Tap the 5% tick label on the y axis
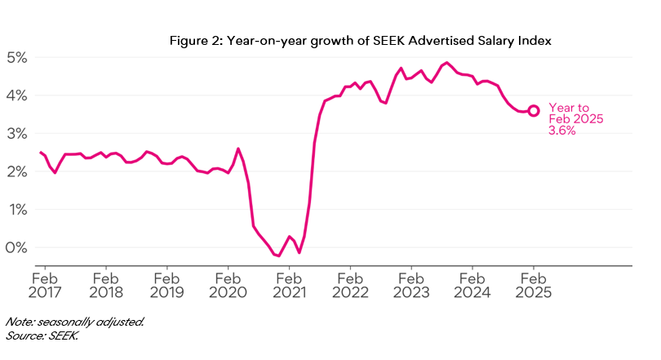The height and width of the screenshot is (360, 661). point(18,58)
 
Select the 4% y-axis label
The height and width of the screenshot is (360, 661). point(18,96)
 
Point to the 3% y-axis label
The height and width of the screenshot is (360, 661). point(18,134)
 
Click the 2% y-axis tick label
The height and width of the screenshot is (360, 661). point(18,171)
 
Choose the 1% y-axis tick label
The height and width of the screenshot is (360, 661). point(18,210)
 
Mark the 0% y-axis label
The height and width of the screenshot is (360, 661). point(18,247)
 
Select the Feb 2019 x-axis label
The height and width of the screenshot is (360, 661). point(166,283)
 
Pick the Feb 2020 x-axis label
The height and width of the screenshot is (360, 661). point(228,283)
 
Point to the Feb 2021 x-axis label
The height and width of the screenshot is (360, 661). point(289,283)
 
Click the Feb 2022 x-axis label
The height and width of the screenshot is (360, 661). point(350,283)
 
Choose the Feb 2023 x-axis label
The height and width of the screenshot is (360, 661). point(411,283)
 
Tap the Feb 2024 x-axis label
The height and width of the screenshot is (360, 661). point(472,283)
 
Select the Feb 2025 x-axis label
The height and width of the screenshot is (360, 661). point(534,283)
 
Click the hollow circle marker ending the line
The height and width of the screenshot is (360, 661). point(534,111)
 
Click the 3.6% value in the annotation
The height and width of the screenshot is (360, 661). point(562,131)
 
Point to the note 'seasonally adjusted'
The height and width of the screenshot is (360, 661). point(75,322)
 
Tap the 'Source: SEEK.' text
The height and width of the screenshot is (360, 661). point(42,335)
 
